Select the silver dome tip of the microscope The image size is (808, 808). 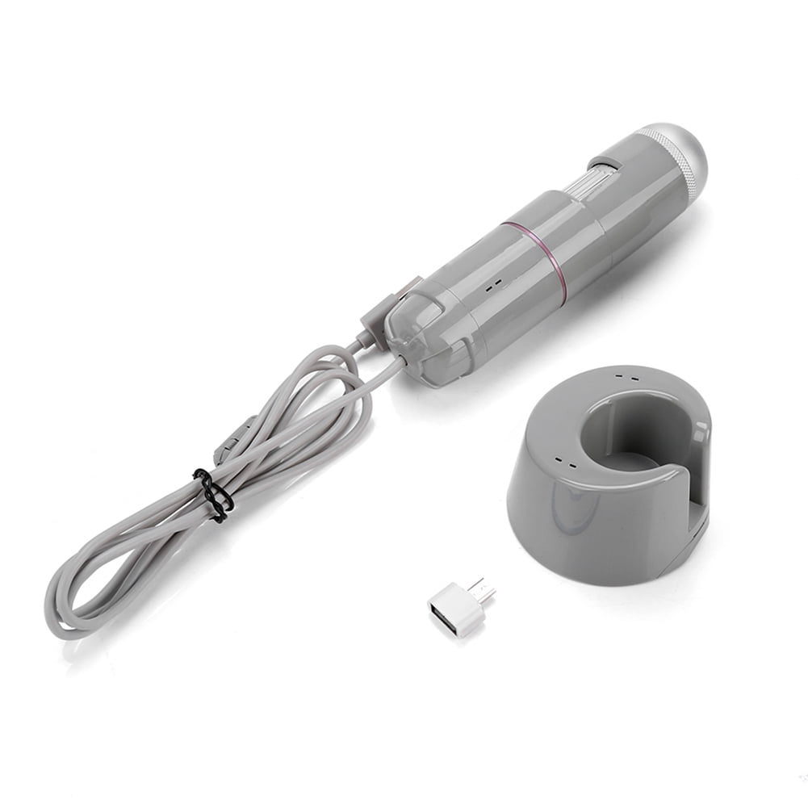pos(688,150)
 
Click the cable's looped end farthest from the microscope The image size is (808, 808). pos(61,601)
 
